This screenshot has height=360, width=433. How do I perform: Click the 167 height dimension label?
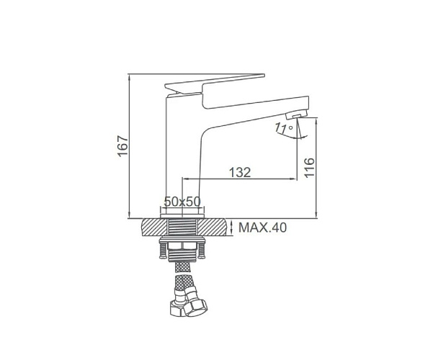point(123,145)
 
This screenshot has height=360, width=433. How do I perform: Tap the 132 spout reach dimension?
point(240,172)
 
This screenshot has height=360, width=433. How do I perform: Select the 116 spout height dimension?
point(309,167)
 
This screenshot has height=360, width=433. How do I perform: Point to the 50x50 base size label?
point(182,202)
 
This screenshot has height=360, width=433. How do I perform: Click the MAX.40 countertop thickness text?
point(263,228)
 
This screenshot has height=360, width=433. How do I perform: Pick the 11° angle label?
point(283,128)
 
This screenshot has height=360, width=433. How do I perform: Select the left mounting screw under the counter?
point(162,251)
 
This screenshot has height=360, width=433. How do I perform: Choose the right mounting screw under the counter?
point(202,251)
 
